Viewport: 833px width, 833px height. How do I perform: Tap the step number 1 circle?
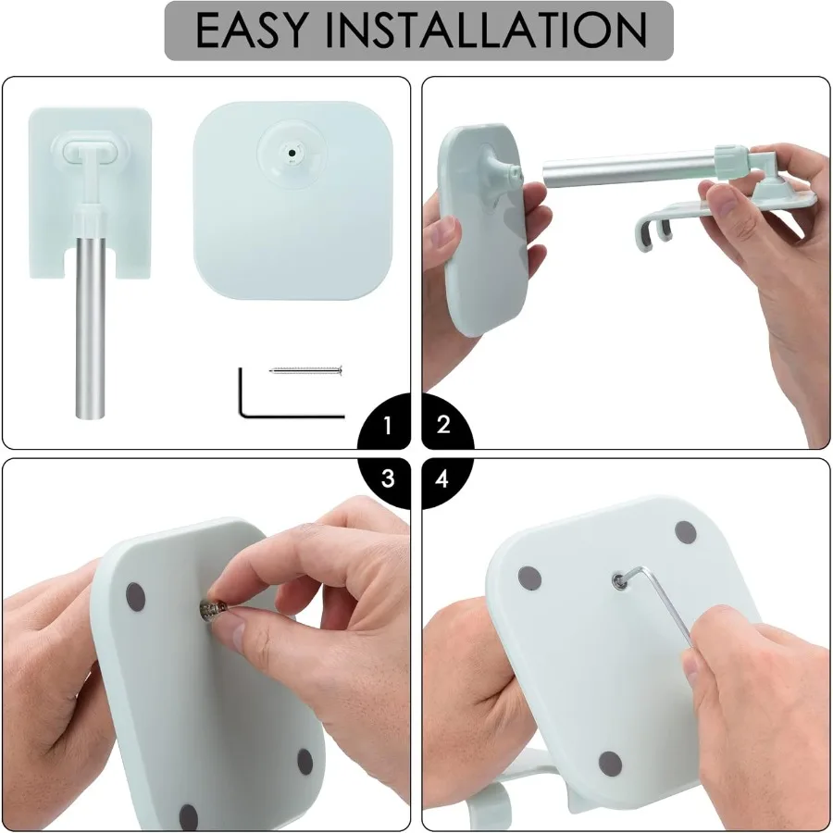pos(388,425)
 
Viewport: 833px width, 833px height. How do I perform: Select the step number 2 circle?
pos(443,425)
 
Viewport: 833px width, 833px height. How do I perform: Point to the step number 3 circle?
pos(388,479)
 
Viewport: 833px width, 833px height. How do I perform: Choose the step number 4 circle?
pos(443,479)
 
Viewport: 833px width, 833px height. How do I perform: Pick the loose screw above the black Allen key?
pos(306,370)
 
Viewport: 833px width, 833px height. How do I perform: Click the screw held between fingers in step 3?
pos(212,607)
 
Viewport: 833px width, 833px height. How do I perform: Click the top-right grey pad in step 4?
pos(685,532)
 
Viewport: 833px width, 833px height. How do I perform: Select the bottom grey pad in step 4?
pos(610,763)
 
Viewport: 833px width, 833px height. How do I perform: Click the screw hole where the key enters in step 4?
pos(618,580)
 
